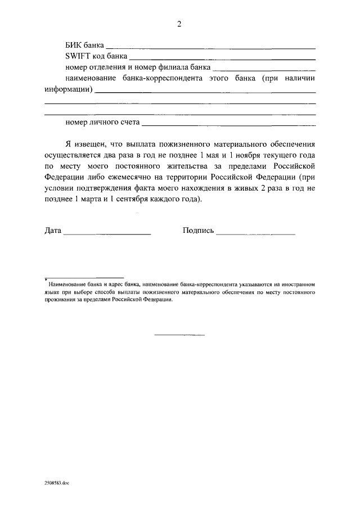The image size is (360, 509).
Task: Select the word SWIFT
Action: click(76, 57)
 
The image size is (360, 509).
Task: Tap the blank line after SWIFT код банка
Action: click(222, 58)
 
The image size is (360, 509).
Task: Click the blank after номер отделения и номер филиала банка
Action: click(264, 69)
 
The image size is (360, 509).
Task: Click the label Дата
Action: click(52, 231)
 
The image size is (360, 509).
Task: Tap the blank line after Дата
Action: click(107, 233)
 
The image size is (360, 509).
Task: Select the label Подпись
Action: click(198, 231)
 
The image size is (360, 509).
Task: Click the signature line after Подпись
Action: click(255, 233)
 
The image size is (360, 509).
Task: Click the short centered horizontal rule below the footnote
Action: click(179, 336)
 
